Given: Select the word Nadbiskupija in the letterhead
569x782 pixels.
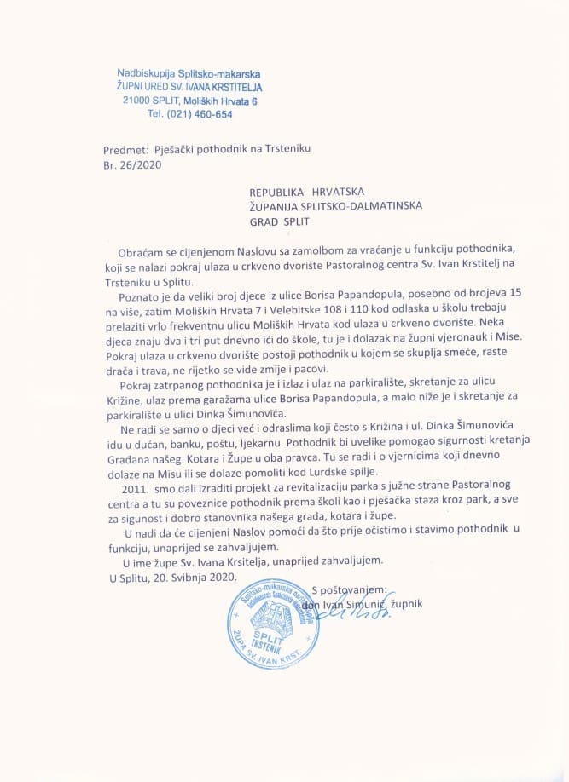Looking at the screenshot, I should pyautogui.click(x=142, y=74).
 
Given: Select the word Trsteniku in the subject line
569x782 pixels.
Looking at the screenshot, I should pyautogui.click(x=285, y=149).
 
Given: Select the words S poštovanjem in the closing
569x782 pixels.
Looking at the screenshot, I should pyautogui.click(x=350, y=589).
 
